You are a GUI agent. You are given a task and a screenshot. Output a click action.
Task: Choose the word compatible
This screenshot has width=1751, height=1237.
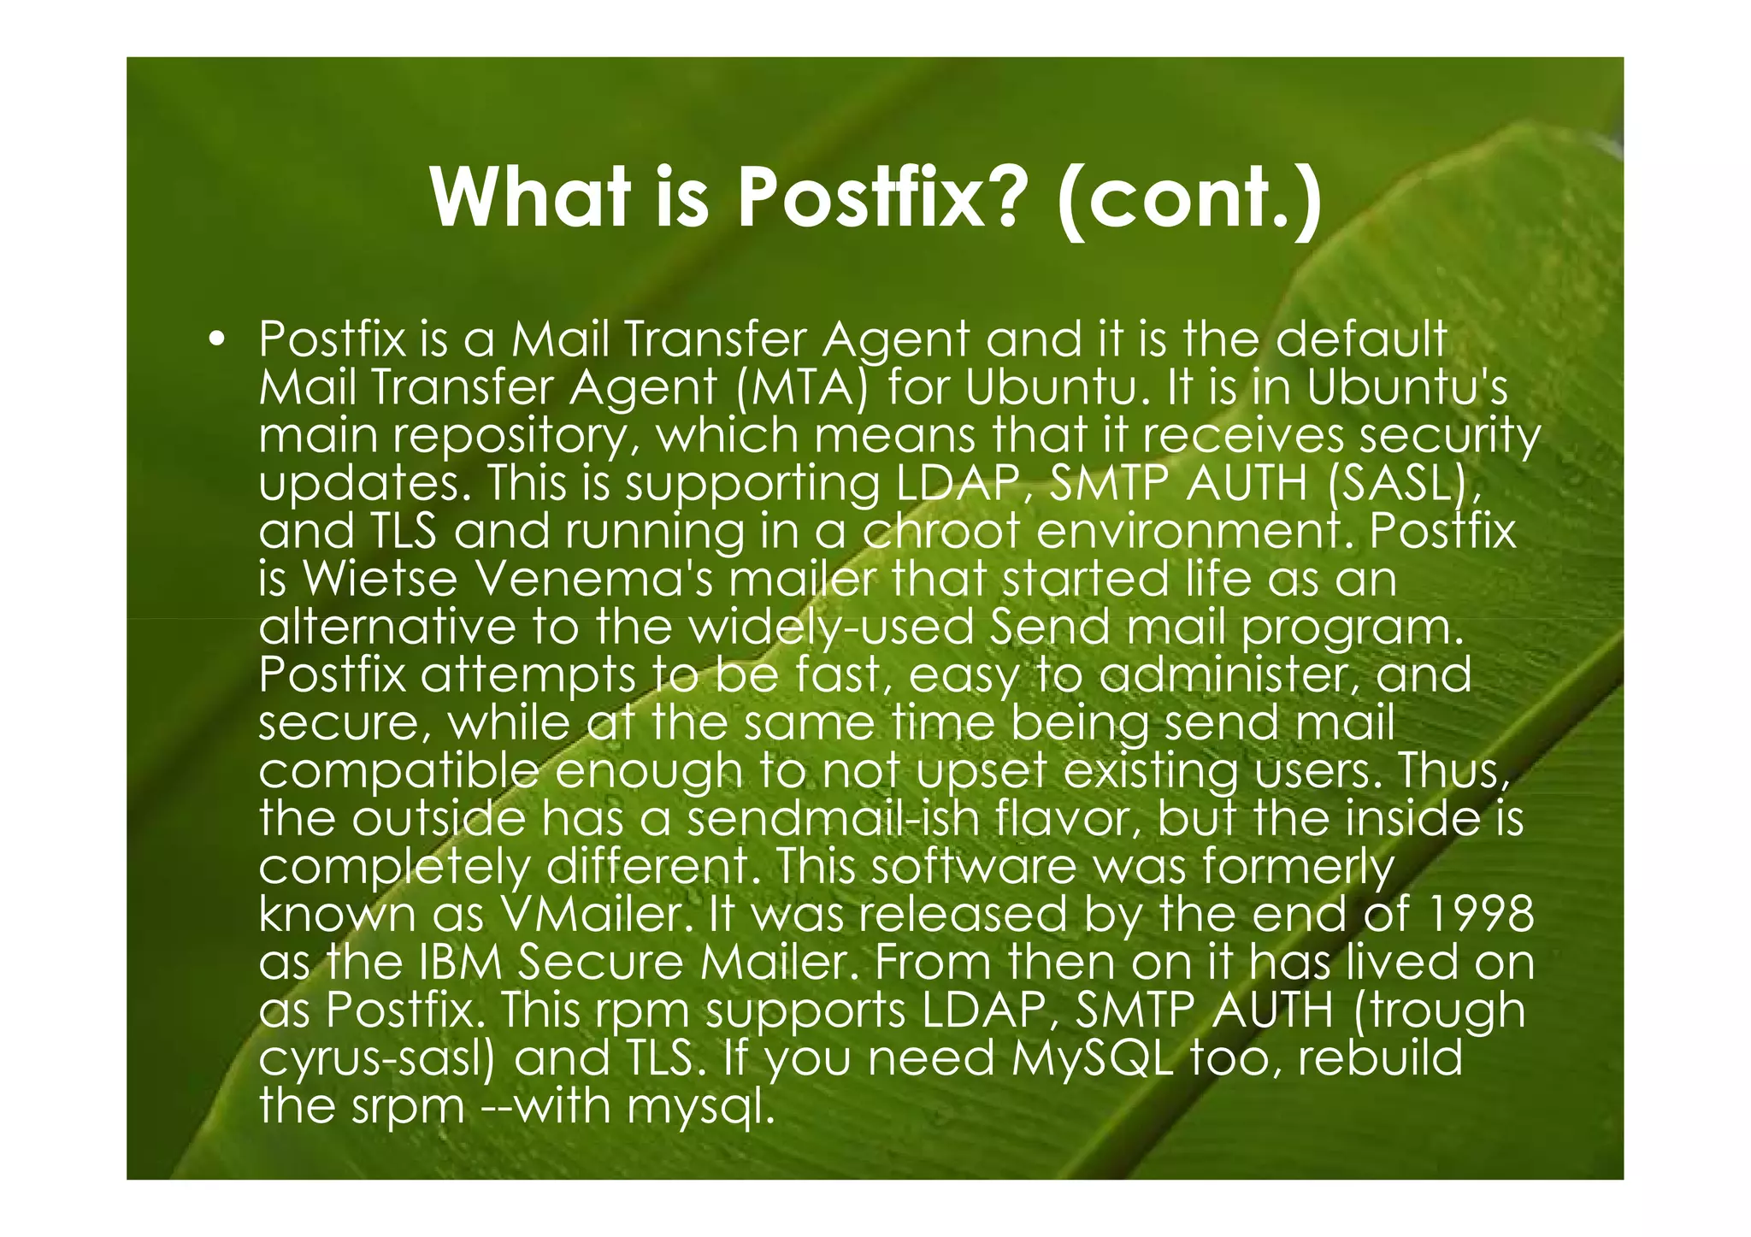point(398,771)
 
